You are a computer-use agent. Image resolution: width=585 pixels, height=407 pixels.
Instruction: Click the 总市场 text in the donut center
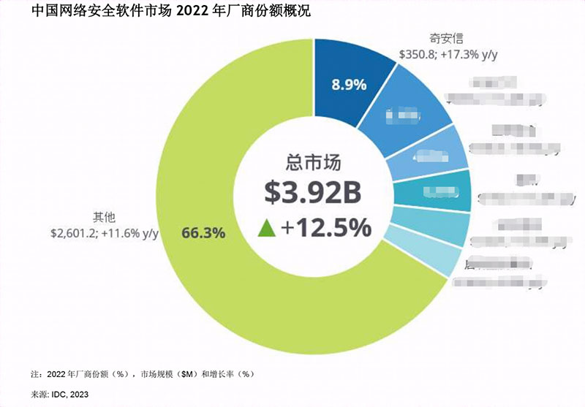click(313, 162)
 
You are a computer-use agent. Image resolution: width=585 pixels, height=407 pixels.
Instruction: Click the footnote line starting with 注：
click(143, 373)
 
